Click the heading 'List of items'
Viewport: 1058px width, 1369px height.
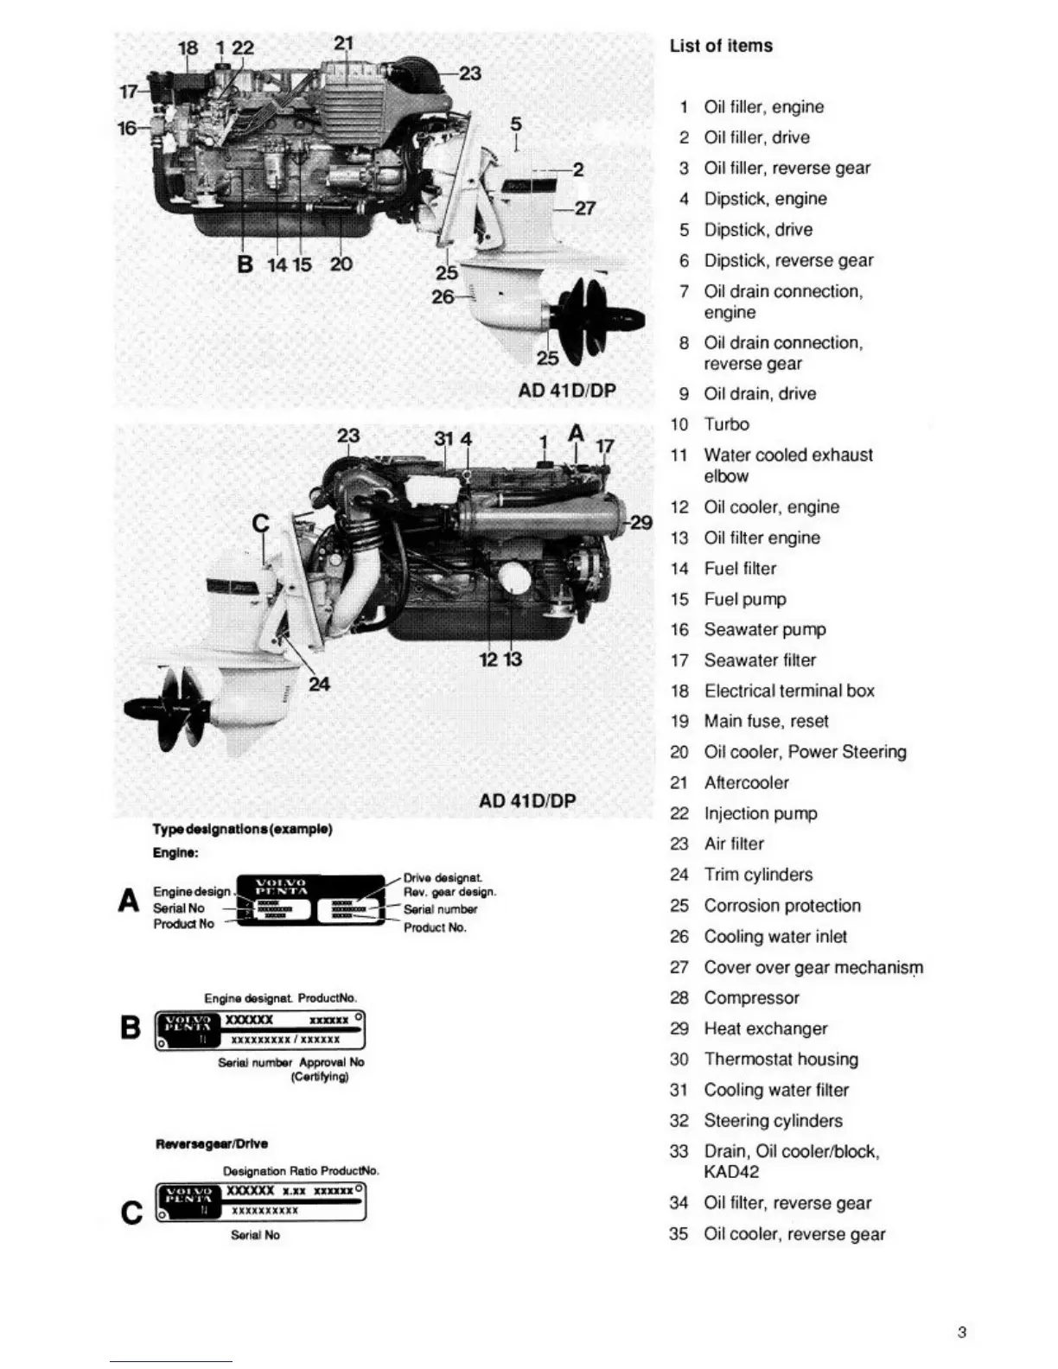pyautogui.click(x=721, y=46)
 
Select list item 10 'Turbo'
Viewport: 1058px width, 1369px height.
pyautogui.click(x=726, y=424)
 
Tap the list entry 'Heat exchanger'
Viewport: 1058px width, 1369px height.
pyautogui.click(x=765, y=1028)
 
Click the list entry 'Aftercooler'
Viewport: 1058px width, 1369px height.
pyautogui.click(x=746, y=782)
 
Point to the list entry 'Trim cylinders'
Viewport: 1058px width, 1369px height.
pyautogui.click(x=758, y=875)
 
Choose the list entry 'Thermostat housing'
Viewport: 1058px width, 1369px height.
pyautogui.click(x=781, y=1059)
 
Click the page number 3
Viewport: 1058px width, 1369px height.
pyautogui.click(x=962, y=1332)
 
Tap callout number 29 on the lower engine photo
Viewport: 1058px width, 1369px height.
pyautogui.click(x=641, y=522)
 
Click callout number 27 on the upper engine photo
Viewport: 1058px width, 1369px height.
pyautogui.click(x=585, y=208)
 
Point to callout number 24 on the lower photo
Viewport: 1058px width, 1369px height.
pyautogui.click(x=319, y=684)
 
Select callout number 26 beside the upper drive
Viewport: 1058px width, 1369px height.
pyautogui.click(x=443, y=296)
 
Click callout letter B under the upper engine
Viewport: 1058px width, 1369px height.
pyautogui.click(x=245, y=264)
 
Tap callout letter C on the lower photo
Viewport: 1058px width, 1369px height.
pyautogui.click(x=259, y=523)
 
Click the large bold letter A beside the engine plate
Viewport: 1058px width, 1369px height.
pyautogui.click(x=129, y=901)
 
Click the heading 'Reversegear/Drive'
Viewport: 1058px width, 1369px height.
pyautogui.click(x=212, y=1143)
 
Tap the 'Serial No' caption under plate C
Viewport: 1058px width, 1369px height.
pyautogui.click(x=255, y=1235)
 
